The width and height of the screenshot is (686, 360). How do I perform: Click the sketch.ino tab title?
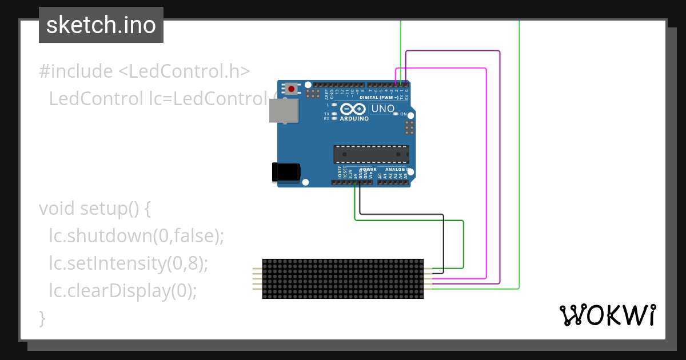coord(101,25)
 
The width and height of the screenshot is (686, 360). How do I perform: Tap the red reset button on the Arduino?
coord(292,89)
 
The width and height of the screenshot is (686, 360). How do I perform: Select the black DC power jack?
coord(286,171)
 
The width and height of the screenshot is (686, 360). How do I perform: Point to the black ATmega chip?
coord(372,154)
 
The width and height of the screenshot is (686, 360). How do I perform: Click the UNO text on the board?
coord(383,109)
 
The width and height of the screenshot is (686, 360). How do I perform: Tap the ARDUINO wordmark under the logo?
coord(354,119)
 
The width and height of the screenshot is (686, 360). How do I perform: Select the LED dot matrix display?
coord(343,278)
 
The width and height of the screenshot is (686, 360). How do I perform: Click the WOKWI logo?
coord(607,315)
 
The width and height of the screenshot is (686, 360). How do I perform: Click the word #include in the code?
coord(76,71)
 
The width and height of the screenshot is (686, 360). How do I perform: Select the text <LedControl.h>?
coord(184,71)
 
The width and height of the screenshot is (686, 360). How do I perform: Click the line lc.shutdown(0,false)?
coord(136,236)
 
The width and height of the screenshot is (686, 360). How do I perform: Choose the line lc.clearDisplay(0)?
coord(122,291)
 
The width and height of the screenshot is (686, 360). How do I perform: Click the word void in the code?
coord(57,209)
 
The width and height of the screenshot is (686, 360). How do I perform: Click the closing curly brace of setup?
coord(42,318)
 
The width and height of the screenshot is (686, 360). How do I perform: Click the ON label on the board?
coord(403,114)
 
